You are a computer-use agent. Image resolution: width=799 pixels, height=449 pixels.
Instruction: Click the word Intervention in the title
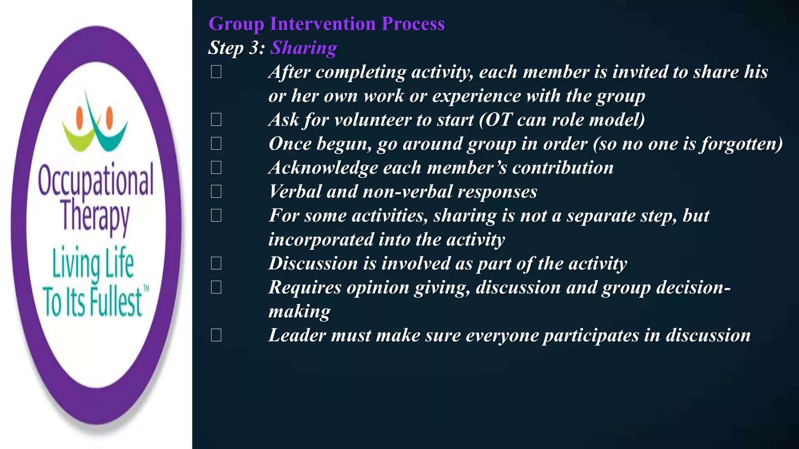[323, 24]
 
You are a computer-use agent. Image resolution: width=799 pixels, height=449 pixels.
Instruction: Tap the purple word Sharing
[304, 48]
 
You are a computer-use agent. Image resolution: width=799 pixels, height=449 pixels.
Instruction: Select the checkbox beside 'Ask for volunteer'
[216, 120]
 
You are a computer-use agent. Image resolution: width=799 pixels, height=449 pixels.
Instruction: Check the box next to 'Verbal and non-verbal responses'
[216, 191]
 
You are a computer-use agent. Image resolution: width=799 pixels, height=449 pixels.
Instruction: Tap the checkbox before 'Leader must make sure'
[216, 335]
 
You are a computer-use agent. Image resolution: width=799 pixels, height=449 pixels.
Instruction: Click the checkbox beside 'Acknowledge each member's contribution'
[216, 168]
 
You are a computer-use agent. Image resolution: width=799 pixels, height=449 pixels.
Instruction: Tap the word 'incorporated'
[320, 239]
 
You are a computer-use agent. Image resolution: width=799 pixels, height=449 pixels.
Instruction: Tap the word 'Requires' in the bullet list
[305, 288]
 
